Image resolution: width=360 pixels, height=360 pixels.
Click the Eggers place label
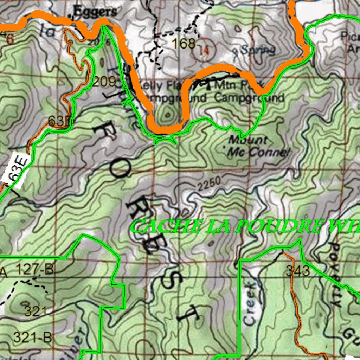[x=95, y=12]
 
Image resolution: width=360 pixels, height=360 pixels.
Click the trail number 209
[x=104, y=82]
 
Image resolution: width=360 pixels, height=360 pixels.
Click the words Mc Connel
[x=258, y=152]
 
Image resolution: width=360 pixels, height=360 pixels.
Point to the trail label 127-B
[x=35, y=270]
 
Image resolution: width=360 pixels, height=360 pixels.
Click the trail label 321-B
[x=32, y=337]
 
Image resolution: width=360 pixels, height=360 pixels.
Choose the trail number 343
[x=298, y=271]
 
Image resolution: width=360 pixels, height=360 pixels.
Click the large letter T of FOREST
[x=189, y=314]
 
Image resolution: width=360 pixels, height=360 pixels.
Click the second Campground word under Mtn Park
[x=249, y=97]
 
